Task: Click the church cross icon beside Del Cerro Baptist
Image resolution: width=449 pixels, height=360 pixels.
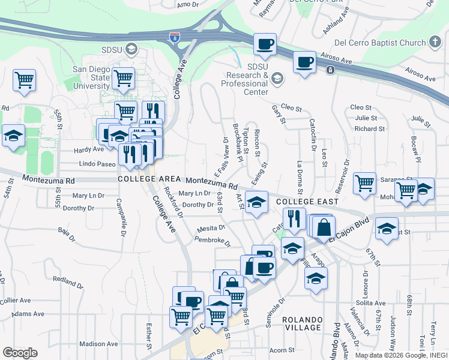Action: coord(435,42)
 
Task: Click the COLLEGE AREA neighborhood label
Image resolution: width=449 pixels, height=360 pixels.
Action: coord(149,179)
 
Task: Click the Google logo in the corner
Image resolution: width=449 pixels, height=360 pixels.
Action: coord(20,353)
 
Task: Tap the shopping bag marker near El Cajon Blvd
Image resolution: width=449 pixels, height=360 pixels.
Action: coord(324,227)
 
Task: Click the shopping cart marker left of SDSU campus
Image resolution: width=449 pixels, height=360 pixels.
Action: coord(25,80)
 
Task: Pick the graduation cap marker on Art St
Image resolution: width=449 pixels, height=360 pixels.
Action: coord(256,203)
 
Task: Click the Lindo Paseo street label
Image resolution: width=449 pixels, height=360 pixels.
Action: coord(97,163)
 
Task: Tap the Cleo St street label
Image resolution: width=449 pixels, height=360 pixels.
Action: coord(291,109)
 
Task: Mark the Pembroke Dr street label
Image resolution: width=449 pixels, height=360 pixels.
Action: coord(212,241)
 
